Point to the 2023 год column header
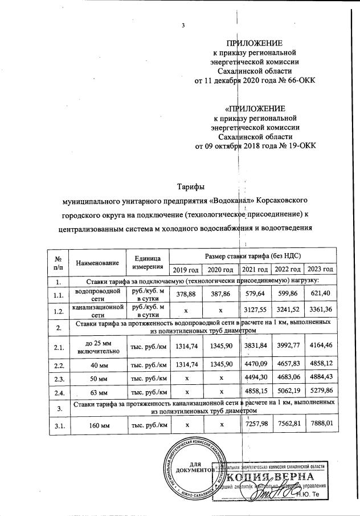click(x=320, y=269)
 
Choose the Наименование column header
click(x=96, y=263)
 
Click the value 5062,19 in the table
click(x=286, y=392)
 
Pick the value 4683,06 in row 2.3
click(x=286, y=378)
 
